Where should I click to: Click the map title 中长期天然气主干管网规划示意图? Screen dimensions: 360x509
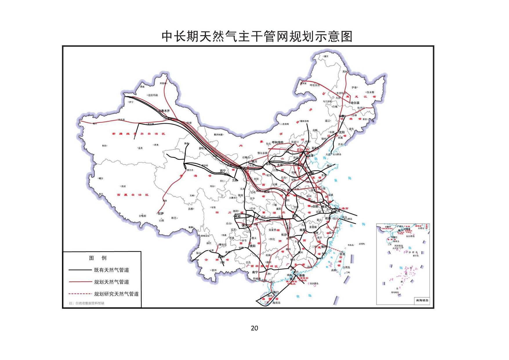click(257, 37)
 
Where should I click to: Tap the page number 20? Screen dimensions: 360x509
click(254, 328)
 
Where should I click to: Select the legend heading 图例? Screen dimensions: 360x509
click(98, 258)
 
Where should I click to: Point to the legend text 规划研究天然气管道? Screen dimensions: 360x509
click(116, 294)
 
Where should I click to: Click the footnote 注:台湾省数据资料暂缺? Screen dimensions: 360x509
click(86, 303)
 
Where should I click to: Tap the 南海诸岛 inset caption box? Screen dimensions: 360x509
click(422, 301)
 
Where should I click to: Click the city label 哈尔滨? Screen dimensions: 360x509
click(355, 103)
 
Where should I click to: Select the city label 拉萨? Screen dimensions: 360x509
click(161, 213)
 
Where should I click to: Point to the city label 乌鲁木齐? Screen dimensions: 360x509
click(163, 111)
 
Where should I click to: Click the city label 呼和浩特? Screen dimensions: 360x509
click(277, 142)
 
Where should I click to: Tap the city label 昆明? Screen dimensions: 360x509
click(221, 257)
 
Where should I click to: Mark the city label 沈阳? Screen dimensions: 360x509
click(341, 132)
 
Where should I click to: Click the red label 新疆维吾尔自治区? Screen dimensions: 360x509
click(138, 134)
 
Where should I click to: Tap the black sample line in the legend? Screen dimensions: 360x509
click(79, 270)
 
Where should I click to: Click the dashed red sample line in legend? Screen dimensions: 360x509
click(79, 294)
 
